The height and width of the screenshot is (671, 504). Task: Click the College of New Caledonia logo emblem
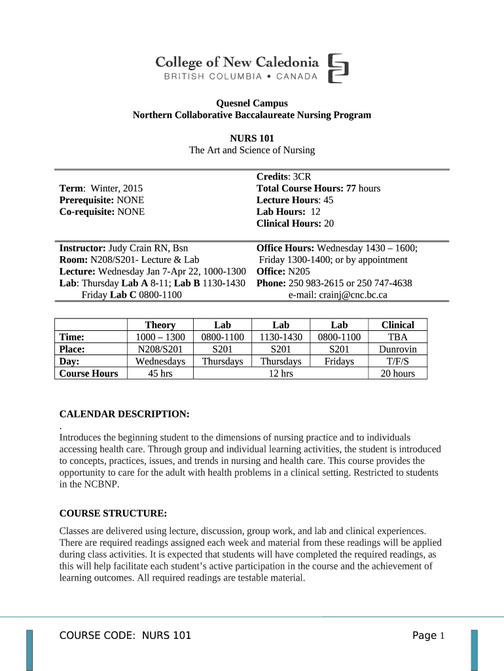click(338, 68)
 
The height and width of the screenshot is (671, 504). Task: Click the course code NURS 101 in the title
click(251, 138)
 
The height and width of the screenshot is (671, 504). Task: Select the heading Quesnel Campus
click(251, 103)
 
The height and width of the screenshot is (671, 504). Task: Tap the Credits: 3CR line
click(283, 177)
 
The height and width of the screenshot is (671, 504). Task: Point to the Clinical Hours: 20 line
click(295, 223)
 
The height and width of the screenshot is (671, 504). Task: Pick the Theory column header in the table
click(160, 325)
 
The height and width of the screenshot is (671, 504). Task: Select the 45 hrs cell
click(160, 374)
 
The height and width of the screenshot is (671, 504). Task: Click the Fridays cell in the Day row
click(339, 361)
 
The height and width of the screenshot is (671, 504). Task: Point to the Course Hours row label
click(89, 374)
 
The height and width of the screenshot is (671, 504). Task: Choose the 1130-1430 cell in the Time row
click(281, 337)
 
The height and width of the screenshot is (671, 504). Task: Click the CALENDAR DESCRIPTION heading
click(124, 414)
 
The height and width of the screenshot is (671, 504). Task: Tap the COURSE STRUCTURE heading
click(113, 513)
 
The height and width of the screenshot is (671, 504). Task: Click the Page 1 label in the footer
click(429, 636)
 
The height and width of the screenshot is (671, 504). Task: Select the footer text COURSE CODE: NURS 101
click(125, 636)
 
